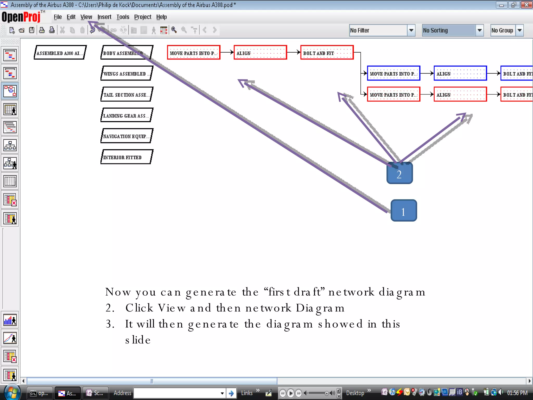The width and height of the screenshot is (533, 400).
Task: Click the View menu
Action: tap(86, 17)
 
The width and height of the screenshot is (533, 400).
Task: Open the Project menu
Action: tap(143, 17)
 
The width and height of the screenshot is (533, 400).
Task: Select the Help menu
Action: tap(161, 17)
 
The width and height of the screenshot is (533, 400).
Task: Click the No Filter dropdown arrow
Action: tap(411, 30)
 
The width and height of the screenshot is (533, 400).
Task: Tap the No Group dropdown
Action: tap(506, 30)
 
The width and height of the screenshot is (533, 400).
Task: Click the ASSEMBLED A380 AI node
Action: tap(60, 53)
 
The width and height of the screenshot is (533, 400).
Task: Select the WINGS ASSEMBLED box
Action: tap(127, 73)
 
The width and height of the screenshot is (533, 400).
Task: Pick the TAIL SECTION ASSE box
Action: tap(127, 95)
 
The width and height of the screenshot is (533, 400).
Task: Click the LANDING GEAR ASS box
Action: tap(127, 115)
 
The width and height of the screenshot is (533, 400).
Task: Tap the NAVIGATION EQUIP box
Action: tap(127, 136)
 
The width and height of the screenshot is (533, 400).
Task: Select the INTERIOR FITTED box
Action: tap(127, 157)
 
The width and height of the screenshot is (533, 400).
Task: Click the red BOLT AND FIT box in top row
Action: tap(327, 53)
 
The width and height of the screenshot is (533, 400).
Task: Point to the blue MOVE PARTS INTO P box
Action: tap(394, 73)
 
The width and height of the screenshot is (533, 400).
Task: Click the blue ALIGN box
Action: tap(460, 73)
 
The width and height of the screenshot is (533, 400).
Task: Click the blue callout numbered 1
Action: tap(404, 211)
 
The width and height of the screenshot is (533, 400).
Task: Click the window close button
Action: tap(526, 5)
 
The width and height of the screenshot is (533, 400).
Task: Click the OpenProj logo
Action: tap(21, 17)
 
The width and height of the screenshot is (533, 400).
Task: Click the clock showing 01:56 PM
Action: tap(517, 393)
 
